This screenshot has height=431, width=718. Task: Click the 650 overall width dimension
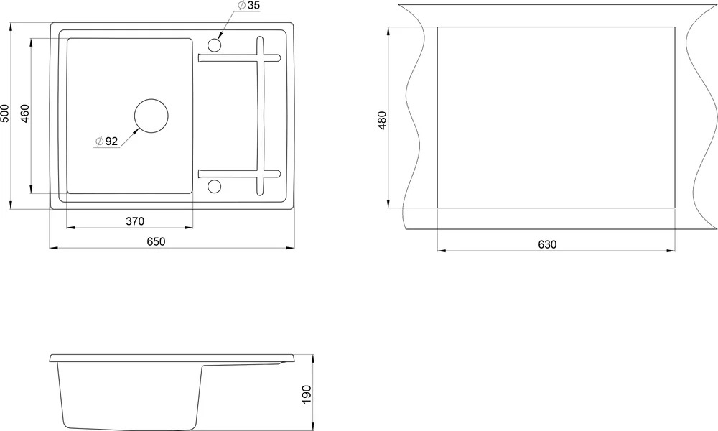point(156,241)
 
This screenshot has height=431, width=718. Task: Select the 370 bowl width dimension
point(135,221)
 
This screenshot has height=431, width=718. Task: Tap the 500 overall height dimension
point(4,113)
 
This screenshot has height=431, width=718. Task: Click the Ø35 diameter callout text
point(248,6)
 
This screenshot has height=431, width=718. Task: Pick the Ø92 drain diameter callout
point(106,142)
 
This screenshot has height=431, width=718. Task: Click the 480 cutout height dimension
point(383,120)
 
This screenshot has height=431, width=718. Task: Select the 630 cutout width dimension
point(547,244)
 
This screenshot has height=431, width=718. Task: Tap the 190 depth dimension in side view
point(307,394)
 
